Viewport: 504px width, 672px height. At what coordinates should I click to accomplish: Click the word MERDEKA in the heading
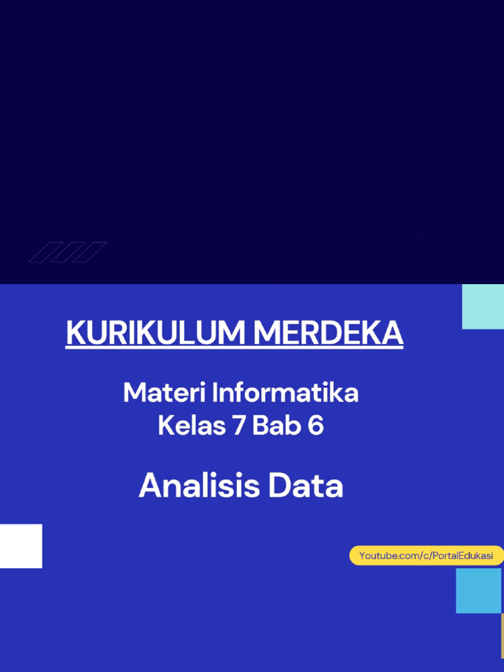(x=328, y=333)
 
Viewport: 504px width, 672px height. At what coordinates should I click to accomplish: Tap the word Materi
(x=163, y=393)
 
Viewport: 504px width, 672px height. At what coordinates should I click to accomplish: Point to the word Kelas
(x=189, y=427)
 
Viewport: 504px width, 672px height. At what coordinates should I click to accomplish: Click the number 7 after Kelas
(x=236, y=427)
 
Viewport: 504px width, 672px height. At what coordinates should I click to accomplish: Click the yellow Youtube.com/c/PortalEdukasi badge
(x=426, y=556)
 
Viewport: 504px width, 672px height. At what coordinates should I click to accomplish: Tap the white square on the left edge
(x=21, y=546)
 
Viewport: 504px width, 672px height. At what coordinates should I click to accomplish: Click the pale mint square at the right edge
(x=483, y=306)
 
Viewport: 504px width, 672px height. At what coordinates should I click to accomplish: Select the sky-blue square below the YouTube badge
(x=478, y=591)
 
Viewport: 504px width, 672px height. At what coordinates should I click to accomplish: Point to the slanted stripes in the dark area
(x=68, y=252)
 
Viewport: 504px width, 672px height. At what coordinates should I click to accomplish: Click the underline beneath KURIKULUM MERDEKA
(x=234, y=348)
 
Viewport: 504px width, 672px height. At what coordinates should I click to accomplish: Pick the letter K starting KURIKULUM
(x=74, y=333)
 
